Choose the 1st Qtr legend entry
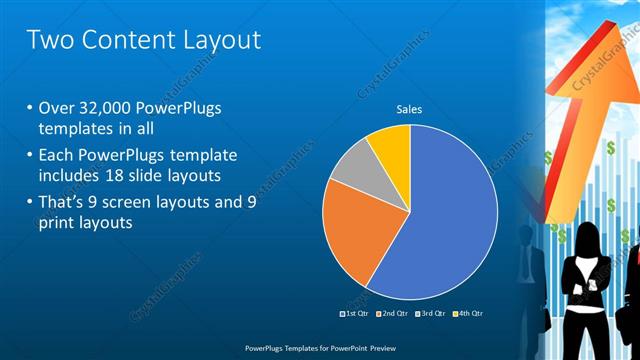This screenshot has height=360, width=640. pyautogui.click(x=356, y=313)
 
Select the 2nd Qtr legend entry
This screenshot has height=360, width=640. pyautogui.click(x=395, y=313)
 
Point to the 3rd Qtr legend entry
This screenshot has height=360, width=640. pyautogui.click(x=433, y=313)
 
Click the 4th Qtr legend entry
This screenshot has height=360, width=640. pyautogui.click(x=470, y=313)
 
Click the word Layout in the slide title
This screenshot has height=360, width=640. pyautogui.click(x=214, y=40)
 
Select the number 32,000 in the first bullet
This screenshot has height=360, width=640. pyautogui.click(x=110, y=108)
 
